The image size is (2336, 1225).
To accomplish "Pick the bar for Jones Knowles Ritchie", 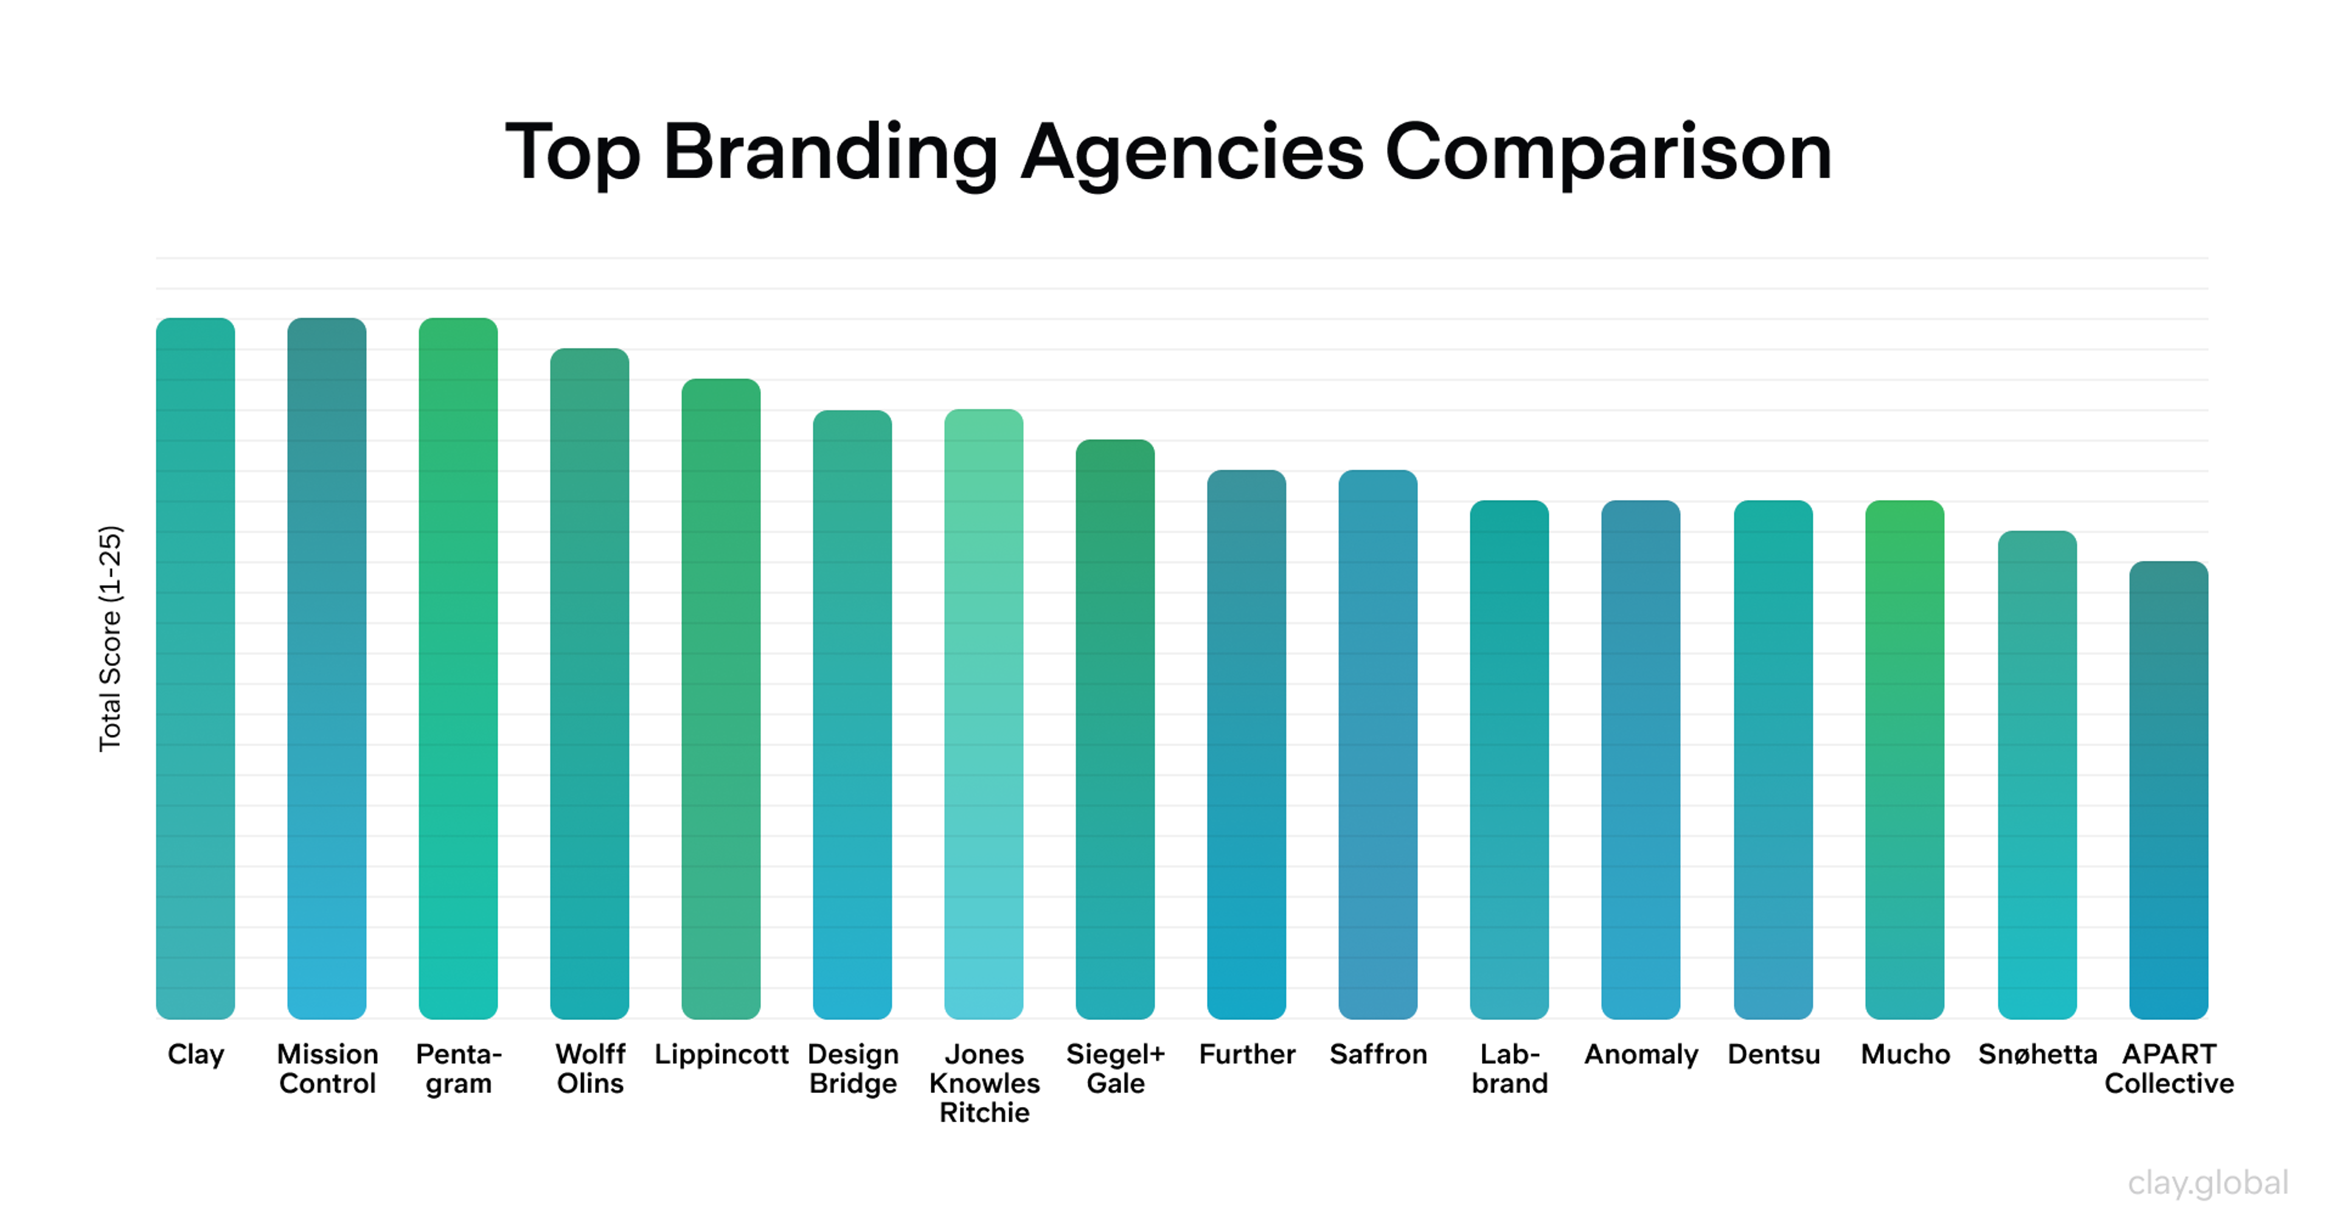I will (984, 713).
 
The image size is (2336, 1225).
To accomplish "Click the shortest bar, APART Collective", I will (2168, 789).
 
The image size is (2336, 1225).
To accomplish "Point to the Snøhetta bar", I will (2037, 774).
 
